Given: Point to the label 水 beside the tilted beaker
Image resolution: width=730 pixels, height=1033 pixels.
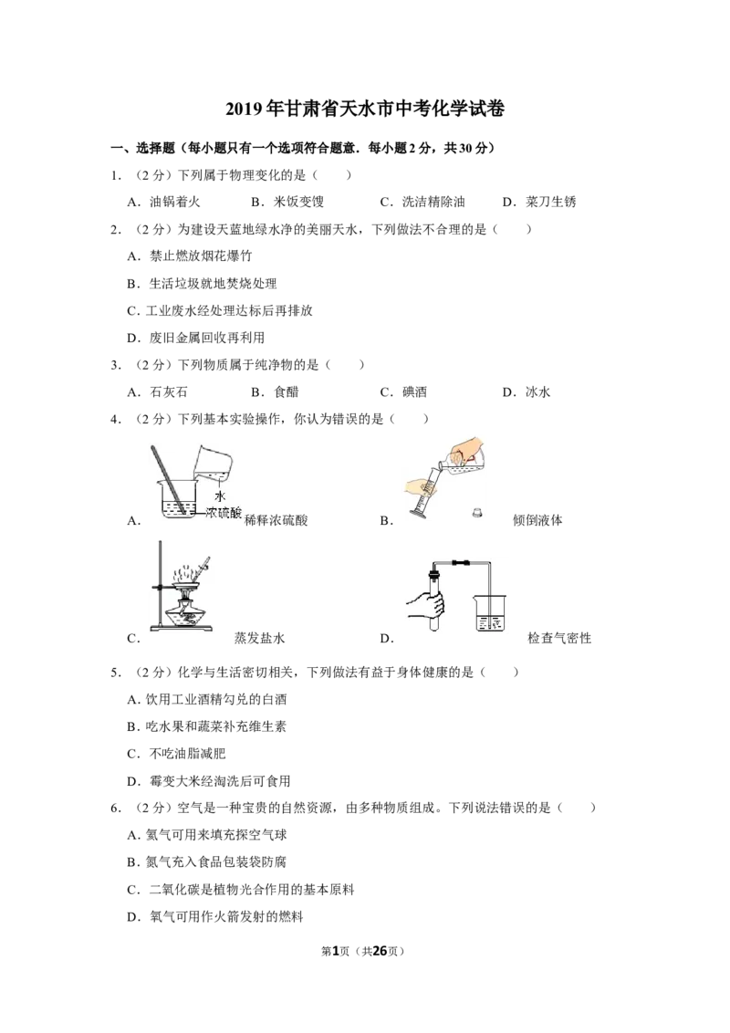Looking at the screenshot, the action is (220, 496).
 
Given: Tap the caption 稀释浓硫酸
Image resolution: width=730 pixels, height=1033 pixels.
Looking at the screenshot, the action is (276, 520).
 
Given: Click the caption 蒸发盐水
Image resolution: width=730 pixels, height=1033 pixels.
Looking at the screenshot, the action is (259, 638).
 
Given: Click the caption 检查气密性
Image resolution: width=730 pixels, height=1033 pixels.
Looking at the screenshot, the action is (559, 638).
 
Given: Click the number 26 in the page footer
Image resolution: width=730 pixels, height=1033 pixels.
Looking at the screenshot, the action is (381, 951).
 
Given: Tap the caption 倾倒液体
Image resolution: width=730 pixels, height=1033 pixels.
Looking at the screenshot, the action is (537, 520).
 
